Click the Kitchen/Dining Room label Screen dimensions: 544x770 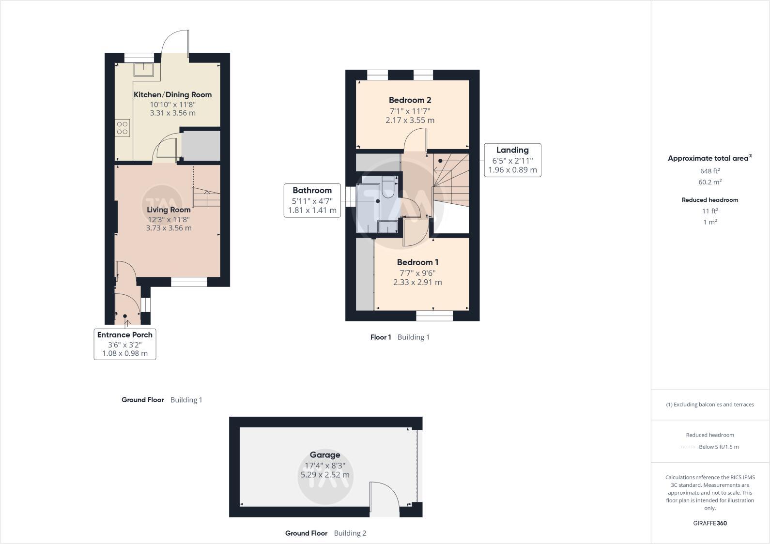click(172, 95)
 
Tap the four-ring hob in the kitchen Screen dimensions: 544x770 click(122, 128)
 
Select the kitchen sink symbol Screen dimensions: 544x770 click(144, 70)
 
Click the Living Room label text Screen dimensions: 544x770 click(169, 210)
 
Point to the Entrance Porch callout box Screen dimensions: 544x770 click(125, 344)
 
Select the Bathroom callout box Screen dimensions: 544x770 click(312, 200)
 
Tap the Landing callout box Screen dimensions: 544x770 click(512, 160)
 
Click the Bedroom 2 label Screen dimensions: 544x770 click(410, 100)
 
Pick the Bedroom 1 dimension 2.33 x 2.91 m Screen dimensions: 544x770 click(417, 282)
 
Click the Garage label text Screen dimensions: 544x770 click(325, 455)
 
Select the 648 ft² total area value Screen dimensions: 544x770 click(710, 171)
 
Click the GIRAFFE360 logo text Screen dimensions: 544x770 click(710, 523)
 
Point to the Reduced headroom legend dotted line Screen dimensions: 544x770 click(688, 447)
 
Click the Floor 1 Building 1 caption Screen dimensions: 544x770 click(400, 337)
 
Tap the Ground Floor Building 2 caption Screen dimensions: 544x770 click(325, 533)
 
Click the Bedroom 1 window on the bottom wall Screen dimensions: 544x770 click(434, 316)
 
